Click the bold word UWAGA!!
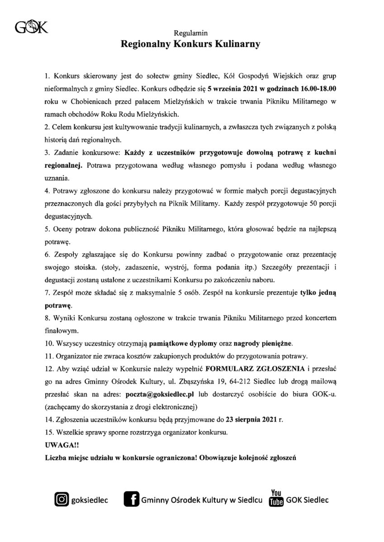click(59, 444)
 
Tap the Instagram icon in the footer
click(61, 500)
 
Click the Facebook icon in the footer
click(131, 500)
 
